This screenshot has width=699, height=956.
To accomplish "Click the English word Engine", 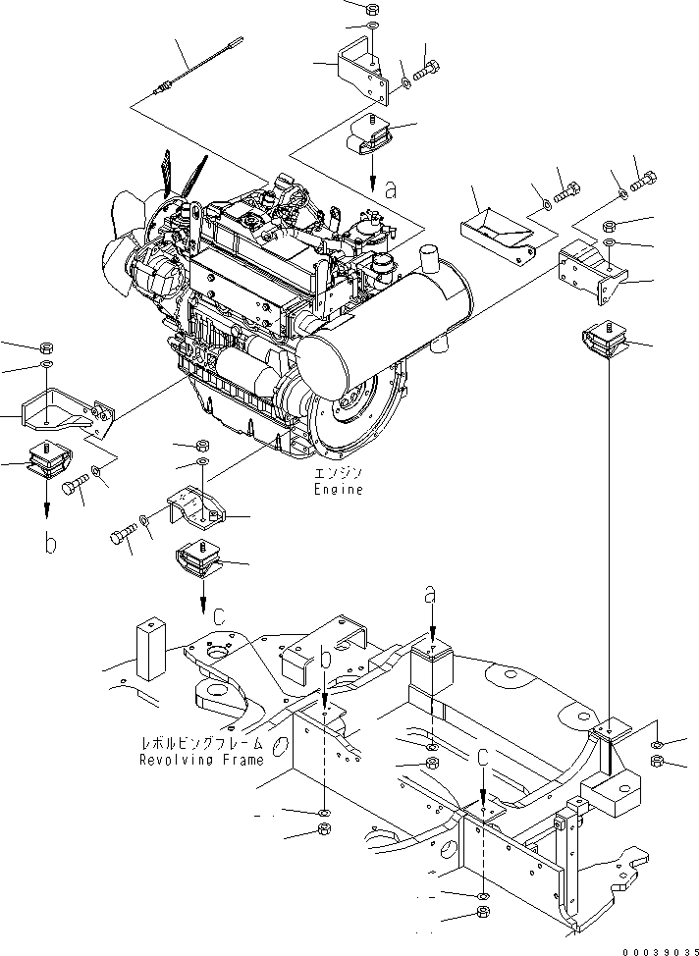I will (338, 489).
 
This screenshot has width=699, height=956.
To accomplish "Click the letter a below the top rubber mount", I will (391, 191).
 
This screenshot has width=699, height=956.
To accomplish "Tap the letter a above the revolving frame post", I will (430, 594).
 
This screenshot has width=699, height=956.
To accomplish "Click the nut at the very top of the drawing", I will (371, 8).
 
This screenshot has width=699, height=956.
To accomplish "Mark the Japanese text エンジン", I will (338, 474).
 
